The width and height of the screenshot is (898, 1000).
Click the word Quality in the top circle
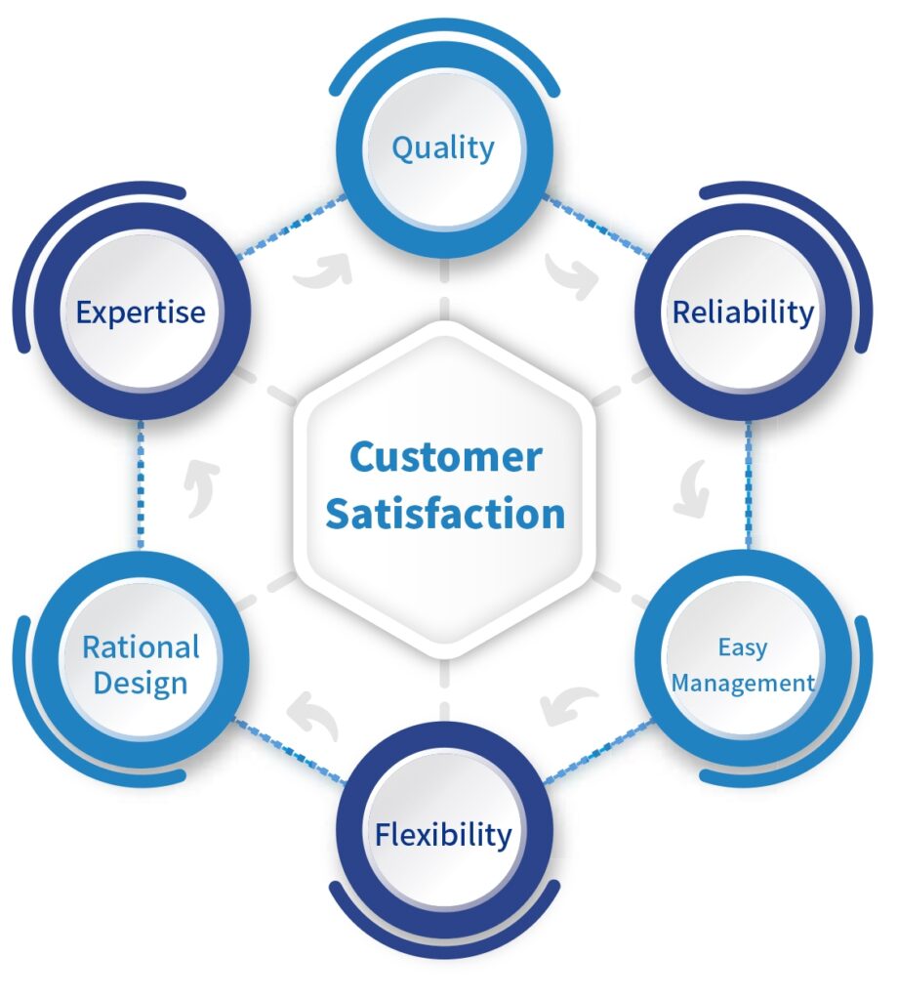pos(443,148)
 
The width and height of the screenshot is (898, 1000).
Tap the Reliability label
pos(743,312)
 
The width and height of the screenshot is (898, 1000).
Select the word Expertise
pos(141,312)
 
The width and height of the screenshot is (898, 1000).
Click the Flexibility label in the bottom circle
pos(443,835)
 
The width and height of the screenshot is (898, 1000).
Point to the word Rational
pos(141,646)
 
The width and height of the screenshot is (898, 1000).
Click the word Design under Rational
pos(141,684)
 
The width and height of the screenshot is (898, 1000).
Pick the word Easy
pos(743,647)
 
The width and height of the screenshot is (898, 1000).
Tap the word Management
pos(743,683)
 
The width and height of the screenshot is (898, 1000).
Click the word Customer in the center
pos(445,457)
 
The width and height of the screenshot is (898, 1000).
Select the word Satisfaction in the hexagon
pos(445,514)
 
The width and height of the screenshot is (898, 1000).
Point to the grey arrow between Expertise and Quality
pos(322,272)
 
